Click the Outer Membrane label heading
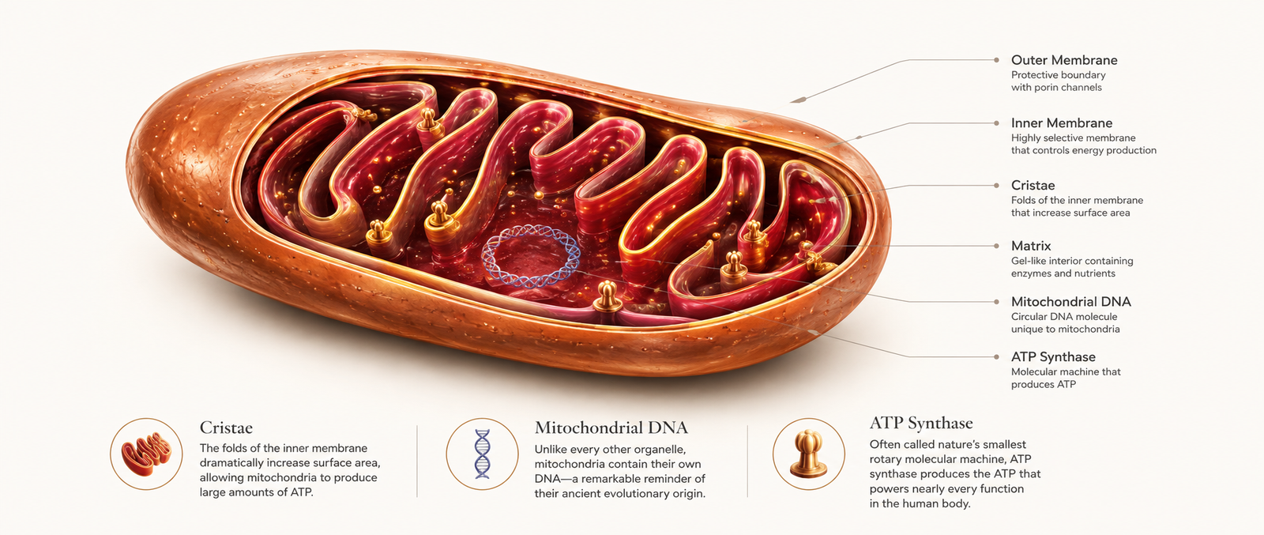point(1063,60)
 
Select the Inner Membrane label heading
point(1062,123)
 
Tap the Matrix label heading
point(1031,246)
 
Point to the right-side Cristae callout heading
point(1033,185)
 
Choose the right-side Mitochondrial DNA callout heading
point(1070,301)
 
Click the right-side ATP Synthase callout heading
point(1053,356)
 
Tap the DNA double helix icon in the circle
point(482,454)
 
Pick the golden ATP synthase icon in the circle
point(808,454)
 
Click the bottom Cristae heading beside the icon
point(226,428)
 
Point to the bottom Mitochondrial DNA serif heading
point(611,428)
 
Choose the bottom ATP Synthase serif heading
point(921,423)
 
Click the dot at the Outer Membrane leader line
point(996,60)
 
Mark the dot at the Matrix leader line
point(996,246)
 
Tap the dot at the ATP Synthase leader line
point(996,356)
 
